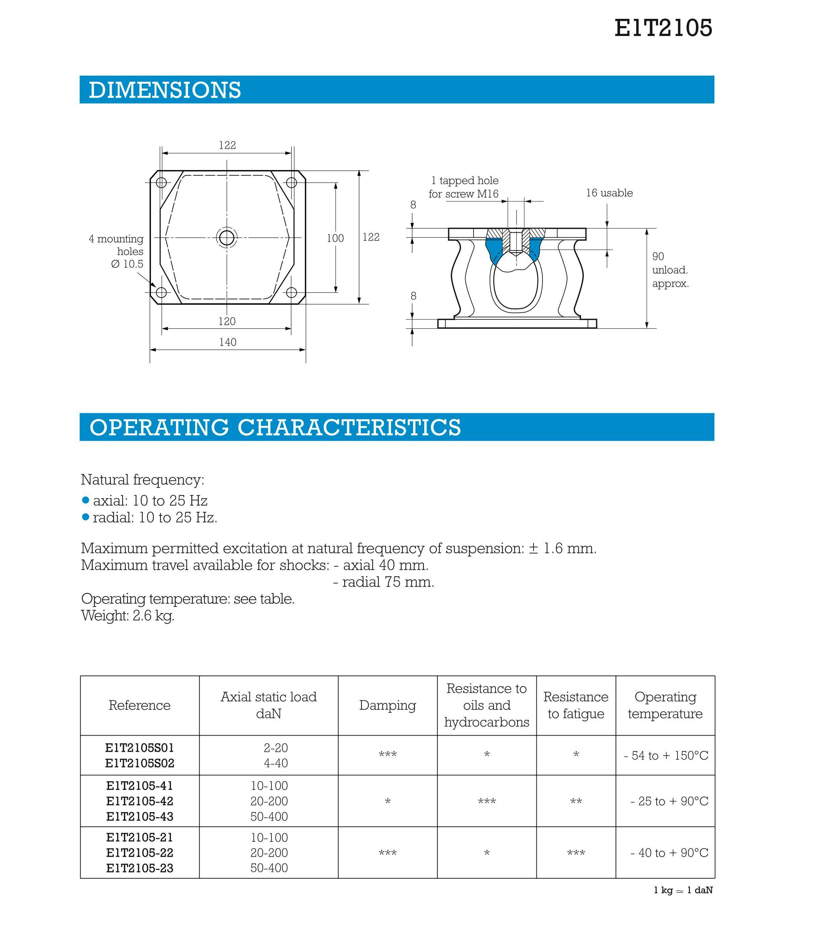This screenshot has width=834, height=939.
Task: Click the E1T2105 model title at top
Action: click(x=663, y=28)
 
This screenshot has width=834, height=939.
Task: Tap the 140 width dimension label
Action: click(x=228, y=342)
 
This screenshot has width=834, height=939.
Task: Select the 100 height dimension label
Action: click(x=335, y=238)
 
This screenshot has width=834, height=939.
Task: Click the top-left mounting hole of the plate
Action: click(x=161, y=182)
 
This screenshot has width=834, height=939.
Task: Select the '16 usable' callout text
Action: click(x=609, y=193)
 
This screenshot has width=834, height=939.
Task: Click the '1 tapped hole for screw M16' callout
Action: click(x=464, y=187)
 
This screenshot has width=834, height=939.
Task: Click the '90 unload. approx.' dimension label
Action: click(x=670, y=270)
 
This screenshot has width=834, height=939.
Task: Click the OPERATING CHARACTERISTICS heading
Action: click(x=275, y=427)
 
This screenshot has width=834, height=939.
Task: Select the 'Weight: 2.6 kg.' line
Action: click(x=128, y=616)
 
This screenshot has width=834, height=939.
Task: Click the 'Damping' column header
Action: click(x=387, y=705)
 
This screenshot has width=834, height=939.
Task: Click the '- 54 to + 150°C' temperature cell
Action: click(x=665, y=755)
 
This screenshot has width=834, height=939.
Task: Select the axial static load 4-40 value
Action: click(x=275, y=763)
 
